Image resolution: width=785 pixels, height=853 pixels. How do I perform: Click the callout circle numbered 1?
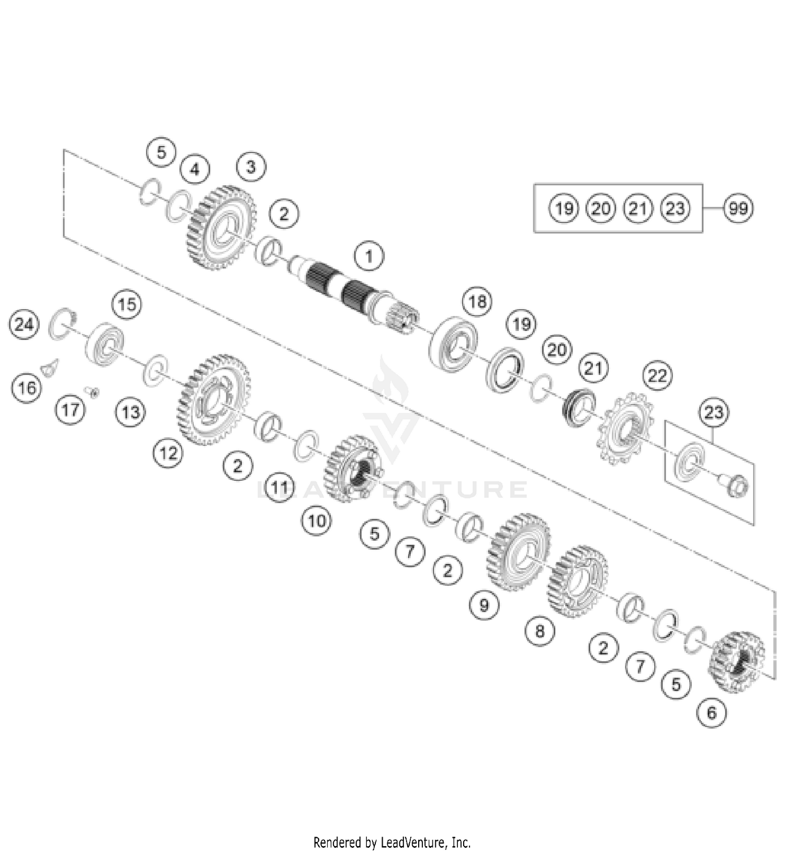[369, 257]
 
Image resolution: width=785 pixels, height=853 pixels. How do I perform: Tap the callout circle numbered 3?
[251, 167]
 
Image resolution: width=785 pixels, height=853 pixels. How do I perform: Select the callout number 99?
[738, 208]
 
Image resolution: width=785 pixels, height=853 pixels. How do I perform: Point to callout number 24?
[24, 325]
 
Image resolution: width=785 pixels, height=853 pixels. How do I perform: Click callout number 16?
[27, 388]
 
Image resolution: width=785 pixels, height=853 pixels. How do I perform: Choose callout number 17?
[70, 409]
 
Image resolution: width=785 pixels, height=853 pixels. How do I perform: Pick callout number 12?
[168, 453]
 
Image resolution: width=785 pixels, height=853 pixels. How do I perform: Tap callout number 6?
[712, 713]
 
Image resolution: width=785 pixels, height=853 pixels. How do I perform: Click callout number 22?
[657, 375]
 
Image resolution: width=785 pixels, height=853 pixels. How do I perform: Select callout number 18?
[477, 302]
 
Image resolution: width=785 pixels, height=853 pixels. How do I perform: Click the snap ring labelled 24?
[62, 324]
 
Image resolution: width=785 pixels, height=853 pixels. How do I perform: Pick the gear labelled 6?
[736, 662]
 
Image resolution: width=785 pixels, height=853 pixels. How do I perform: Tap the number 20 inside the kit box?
[601, 208]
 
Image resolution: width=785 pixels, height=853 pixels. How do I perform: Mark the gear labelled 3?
[221, 228]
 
